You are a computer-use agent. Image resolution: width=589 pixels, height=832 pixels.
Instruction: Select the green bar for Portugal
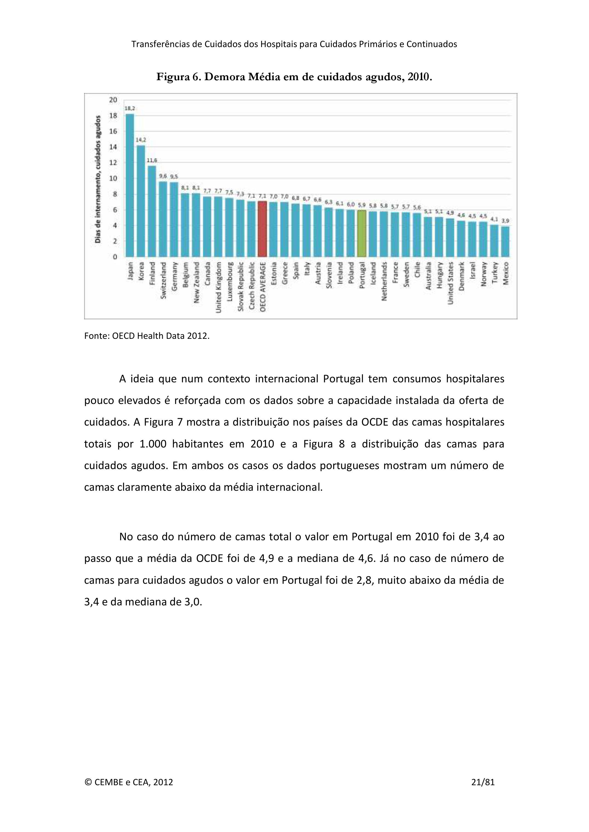pyautogui.click(x=362, y=233)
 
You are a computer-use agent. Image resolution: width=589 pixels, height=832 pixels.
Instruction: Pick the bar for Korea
pyautogui.click(x=141, y=201)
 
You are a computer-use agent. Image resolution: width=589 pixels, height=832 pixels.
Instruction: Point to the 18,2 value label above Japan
pyautogui.click(x=130, y=108)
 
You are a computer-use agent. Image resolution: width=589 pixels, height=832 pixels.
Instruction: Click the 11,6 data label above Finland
pyautogui.click(x=152, y=160)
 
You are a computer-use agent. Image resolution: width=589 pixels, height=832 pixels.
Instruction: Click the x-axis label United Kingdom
pyautogui.click(x=218, y=287)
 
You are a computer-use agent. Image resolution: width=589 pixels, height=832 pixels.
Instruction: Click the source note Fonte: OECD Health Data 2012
pyautogui.click(x=147, y=336)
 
